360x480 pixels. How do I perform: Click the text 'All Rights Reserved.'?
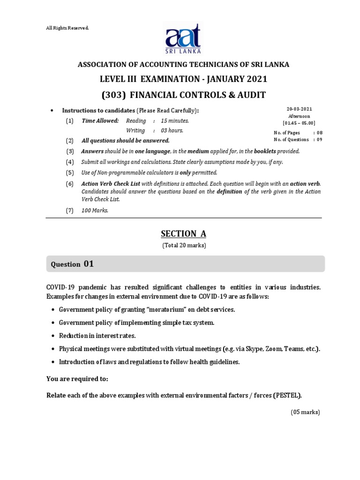pyautogui.click(x=67, y=28)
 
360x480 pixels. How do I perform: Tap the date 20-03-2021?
pyautogui.click(x=299, y=109)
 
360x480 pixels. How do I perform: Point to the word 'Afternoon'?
pyautogui.click(x=299, y=116)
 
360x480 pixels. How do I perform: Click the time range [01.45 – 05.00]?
pyautogui.click(x=299, y=123)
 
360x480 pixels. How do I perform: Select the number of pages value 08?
pyautogui.click(x=320, y=133)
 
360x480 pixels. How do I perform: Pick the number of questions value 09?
pyautogui.click(x=320, y=139)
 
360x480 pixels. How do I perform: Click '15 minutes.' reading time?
pyautogui.click(x=175, y=120)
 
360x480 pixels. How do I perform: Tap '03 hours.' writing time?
pyautogui.click(x=172, y=130)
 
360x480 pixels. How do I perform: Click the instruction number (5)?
pyautogui.click(x=70, y=172)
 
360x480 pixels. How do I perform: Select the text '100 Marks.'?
pyautogui.click(x=95, y=210)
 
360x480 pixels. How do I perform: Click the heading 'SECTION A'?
pyautogui.click(x=184, y=234)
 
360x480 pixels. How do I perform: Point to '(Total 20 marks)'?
pyautogui.click(x=184, y=245)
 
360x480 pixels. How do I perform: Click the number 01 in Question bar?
pyautogui.click(x=89, y=264)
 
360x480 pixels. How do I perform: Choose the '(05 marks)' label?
pyautogui.click(x=304, y=412)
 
